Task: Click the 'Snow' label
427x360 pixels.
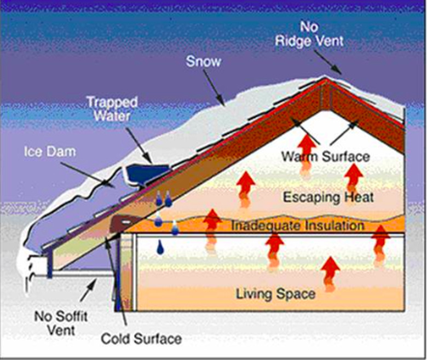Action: tap(203, 61)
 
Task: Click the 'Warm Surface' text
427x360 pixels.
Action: tap(325, 156)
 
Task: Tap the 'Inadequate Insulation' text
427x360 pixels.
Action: tap(297, 225)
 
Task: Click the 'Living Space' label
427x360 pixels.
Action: tap(275, 294)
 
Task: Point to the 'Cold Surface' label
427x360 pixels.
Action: tap(141, 339)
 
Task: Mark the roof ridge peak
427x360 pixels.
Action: tap(329, 79)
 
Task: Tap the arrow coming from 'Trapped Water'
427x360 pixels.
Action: tap(142, 144)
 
